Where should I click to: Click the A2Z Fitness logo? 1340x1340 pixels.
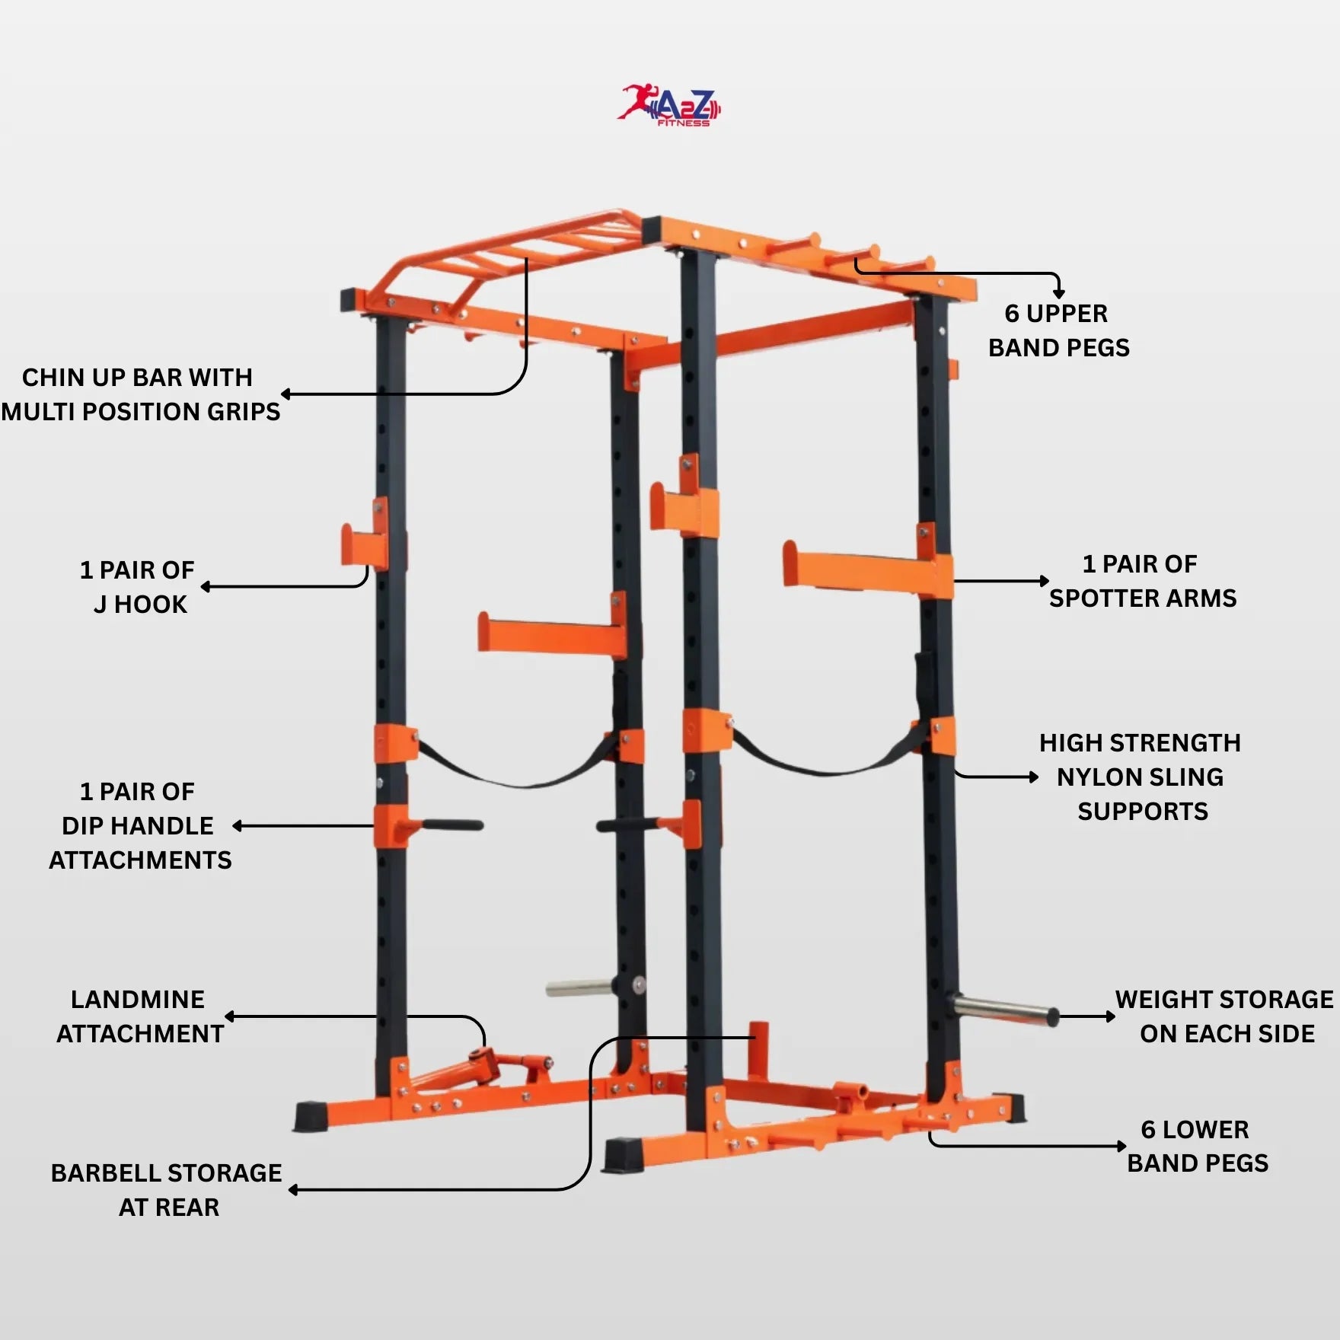[x=669, y=106]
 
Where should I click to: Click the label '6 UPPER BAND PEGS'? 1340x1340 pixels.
[x=1058, y=330]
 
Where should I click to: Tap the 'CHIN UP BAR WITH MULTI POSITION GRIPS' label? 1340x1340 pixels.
[x=139, y=394]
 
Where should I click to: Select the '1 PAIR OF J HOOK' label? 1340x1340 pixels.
[x=138, y=587]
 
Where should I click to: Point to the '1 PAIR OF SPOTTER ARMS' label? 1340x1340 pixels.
[x=1142, y=581]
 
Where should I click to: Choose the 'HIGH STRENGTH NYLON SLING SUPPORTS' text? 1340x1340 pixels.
[x=1141, y=777]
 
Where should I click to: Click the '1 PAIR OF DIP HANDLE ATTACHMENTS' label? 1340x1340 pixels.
[x=139, y=825]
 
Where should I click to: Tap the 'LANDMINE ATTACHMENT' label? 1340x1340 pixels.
[x=139, y=1016]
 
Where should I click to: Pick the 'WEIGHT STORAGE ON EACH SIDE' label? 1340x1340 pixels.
[x=1225, y=1016]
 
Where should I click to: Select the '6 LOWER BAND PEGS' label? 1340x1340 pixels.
[x=1197, y=1146]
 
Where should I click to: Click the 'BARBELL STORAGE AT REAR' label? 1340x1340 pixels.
[x=167, y=1190]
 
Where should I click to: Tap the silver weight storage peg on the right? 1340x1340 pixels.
[x=1005, y=1009]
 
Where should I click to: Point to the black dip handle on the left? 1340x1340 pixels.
[x=453, y=825]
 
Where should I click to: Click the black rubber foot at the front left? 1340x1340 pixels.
[x=311, y=1116]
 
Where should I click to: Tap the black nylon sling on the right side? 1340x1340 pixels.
[x=822, y=761]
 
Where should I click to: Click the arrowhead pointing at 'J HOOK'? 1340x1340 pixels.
[x=206, y=587]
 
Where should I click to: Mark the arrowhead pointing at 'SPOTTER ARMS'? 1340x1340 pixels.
[x=1045, y=581]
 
